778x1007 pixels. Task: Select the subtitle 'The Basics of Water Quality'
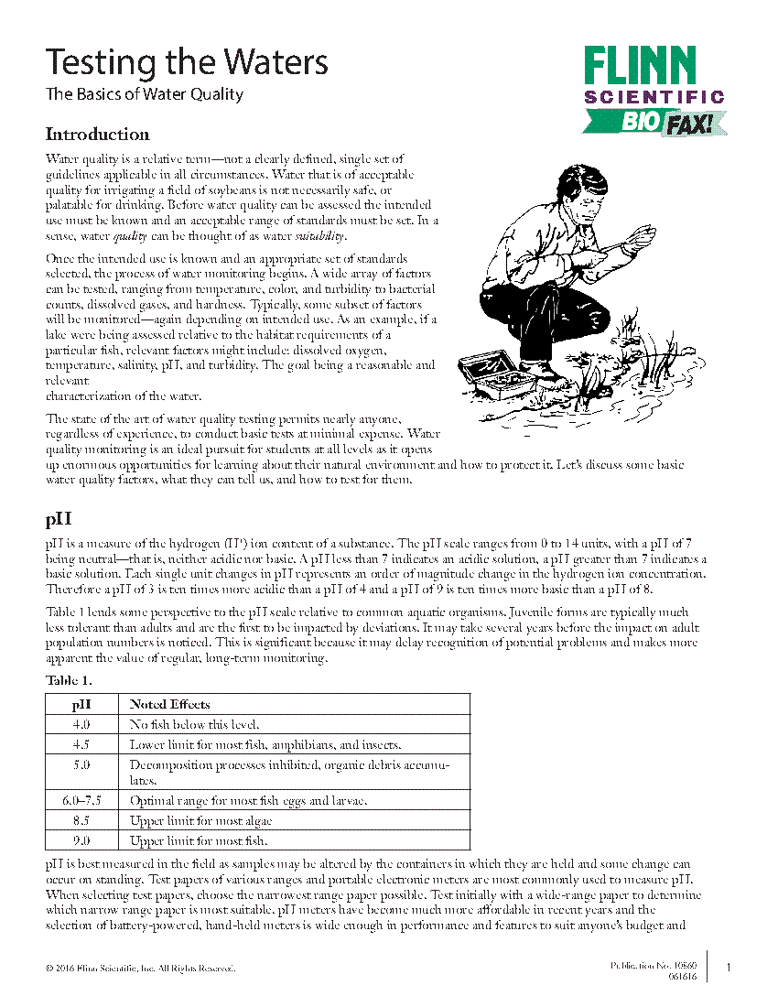(x=145, y=94)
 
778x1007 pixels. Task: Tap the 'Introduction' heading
(x=97, y=135)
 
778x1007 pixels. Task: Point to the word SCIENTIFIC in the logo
(x=654, y=96)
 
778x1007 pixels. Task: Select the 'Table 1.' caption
(x=69, y=681)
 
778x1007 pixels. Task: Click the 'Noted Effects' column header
(x=169, y=704)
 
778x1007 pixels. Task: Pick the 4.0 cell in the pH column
(x=81, y=724)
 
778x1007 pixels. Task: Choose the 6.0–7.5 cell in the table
(x=81, y=801)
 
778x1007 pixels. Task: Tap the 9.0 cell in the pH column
(x=81, y=840)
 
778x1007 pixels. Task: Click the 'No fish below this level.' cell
(x=195, y=724)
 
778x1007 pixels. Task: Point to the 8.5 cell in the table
(x=81, y=821)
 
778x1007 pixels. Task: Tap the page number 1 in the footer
(x=729, y=968)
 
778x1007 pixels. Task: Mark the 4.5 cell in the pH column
(x=81, y=743)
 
